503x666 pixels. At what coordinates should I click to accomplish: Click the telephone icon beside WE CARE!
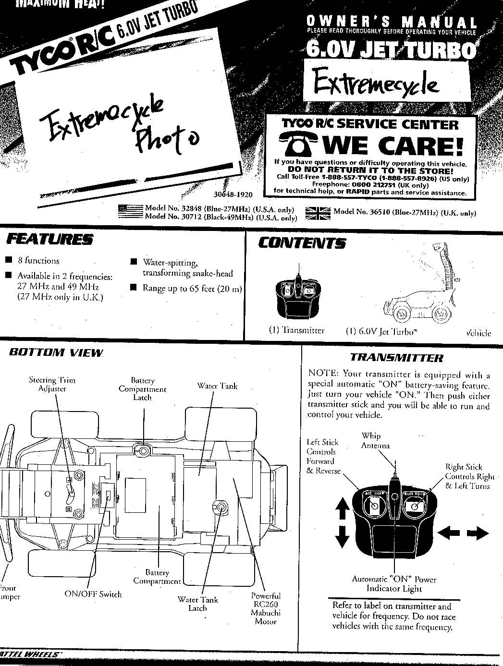[298, 144]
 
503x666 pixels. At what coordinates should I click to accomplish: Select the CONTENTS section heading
[302, 243]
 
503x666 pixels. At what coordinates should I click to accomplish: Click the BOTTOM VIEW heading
[56, 352]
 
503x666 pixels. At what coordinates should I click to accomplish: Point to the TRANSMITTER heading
[396, 358]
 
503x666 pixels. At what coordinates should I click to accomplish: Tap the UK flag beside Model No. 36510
[318, 213]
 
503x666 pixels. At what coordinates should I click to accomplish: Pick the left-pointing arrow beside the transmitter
[446, 533]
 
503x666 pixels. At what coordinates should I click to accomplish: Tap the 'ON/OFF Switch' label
[93, 594]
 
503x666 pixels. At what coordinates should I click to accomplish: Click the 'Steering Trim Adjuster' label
[52, 384]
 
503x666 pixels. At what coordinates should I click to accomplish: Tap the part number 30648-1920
[233, 195]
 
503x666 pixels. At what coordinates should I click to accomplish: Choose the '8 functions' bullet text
[38, 261]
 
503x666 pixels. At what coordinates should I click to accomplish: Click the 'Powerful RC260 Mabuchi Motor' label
[266, 609]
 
